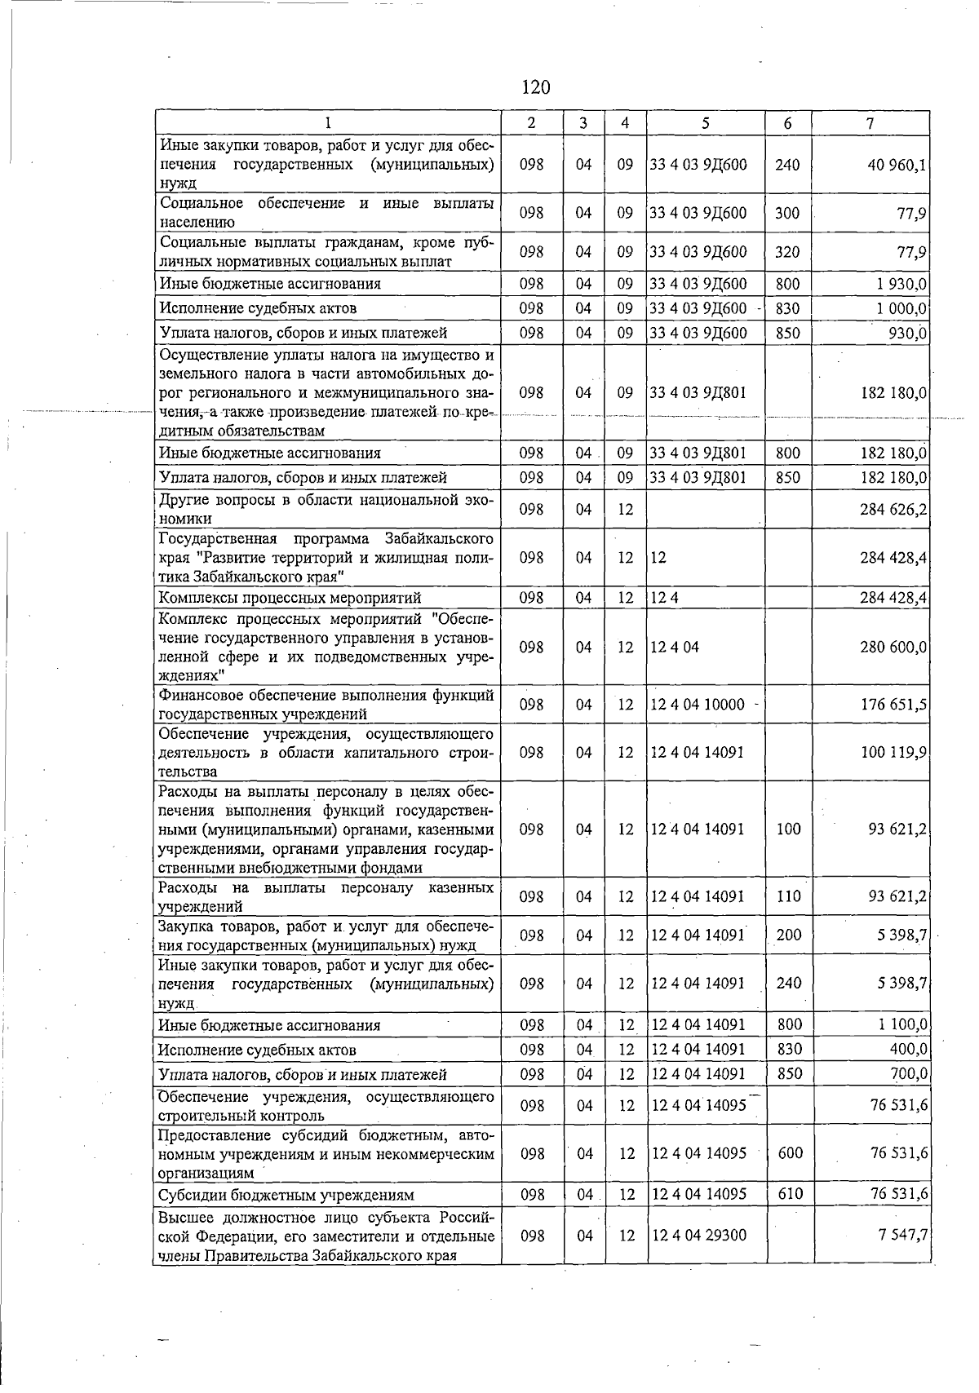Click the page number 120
[x=535, y=87]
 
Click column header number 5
[x=706, y=123]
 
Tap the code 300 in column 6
[x=787, y=213]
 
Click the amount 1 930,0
[x=901, y=285]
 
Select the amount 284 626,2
[x=893, y=510]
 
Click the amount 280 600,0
[x=893, y=648]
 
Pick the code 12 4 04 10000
[x=698, y=705]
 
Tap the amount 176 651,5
[x=893, y=705]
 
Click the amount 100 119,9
[x=893, y=753]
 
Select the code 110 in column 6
[x=788, y=897]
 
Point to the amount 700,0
[x=908, y=1075]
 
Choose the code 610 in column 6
[x=790, y=1195]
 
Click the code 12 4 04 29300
[x=698, y=1236]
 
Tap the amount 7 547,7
[x=902, y=1236]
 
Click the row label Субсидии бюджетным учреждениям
[x=286, y=1196]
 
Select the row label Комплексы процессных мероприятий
[x=290, y=599]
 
